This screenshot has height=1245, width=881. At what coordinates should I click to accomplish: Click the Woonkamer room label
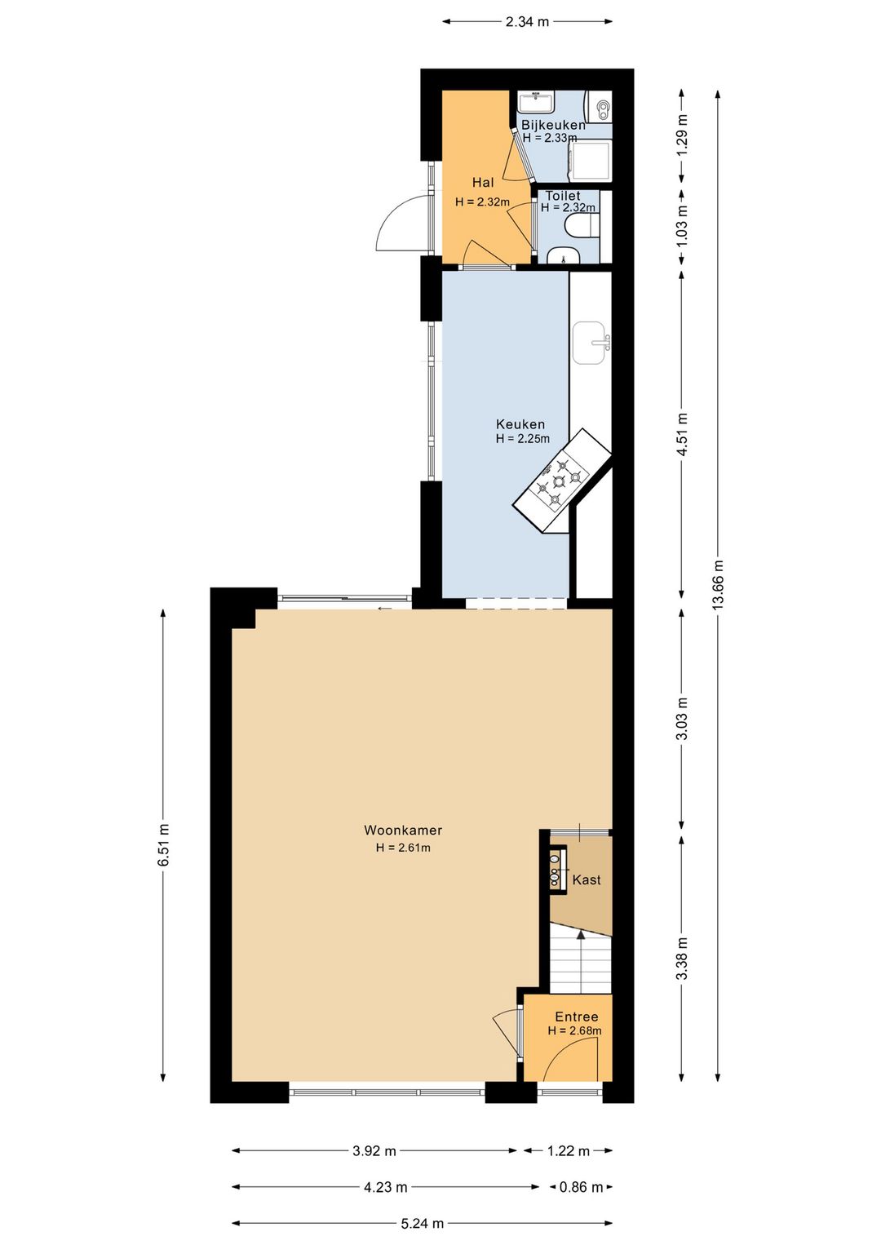(403, 831)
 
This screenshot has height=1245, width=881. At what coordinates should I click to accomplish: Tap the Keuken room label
(520, 424)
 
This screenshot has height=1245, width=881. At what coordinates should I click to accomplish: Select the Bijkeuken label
(553, 125)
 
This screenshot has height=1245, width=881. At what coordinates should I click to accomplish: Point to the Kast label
(587, 879)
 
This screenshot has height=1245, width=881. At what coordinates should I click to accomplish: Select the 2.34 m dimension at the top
(527, 22)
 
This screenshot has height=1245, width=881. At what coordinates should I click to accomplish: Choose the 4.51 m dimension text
(683, 434)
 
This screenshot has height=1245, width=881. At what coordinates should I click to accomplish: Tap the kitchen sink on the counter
(591, 343)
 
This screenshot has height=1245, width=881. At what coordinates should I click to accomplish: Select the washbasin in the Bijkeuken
(536, 102)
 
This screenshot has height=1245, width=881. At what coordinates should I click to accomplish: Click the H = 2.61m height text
(403, 848)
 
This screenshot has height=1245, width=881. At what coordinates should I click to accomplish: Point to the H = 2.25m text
(523, 439)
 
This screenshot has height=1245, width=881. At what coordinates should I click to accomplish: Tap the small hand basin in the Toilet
(564, 255)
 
